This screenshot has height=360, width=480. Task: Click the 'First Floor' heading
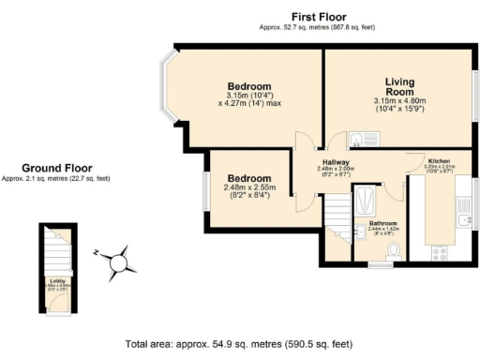318,17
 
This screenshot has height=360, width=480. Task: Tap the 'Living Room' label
393,86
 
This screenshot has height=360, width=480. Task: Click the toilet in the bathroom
393,250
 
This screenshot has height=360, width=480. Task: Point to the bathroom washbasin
358,232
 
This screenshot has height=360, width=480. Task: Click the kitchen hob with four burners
439,252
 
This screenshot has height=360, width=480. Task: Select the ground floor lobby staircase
54,248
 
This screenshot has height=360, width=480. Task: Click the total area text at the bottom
239,344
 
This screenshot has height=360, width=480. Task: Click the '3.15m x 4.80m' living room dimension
393,101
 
